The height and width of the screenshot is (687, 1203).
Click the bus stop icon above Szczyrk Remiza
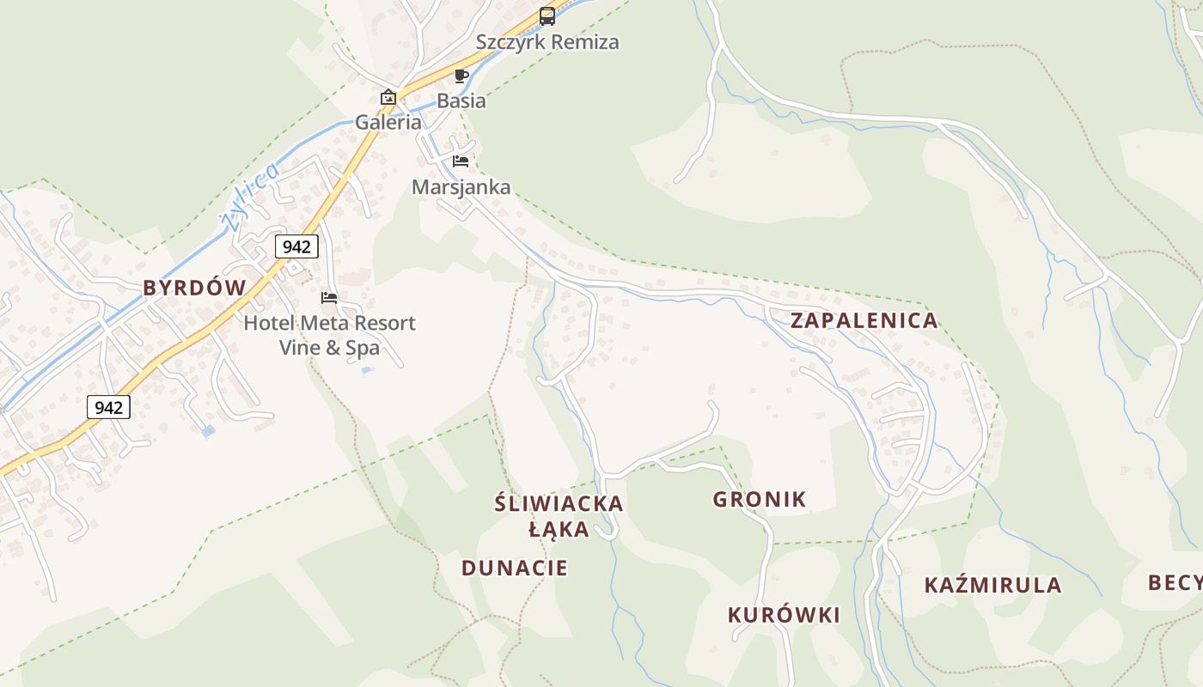[x=547, y=15]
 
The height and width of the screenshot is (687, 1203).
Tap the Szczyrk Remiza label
[x=547, y=42]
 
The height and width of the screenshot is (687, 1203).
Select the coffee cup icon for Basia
[x=461, y=76]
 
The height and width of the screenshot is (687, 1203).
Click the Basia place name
[x=461, y=101]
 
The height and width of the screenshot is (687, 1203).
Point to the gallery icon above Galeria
[x=388, y=96]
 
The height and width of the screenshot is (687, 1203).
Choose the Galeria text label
[x=388, y=122]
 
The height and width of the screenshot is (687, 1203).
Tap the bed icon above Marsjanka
[x=461, y=161]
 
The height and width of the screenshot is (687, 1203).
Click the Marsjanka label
[x=461, y=187]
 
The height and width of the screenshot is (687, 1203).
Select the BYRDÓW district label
[x=194, y=288]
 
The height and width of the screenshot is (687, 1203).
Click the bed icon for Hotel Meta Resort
[x=329, y=298]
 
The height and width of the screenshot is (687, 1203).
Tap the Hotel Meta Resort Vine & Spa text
[x=329, y=336]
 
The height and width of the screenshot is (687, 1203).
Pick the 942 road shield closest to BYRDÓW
[x=296, y=247]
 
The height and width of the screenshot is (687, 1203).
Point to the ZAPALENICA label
[x=864, y=321]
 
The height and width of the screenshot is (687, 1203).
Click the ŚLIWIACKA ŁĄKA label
[x=559, y=516]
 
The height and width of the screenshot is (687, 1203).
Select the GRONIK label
[x=760, y=499]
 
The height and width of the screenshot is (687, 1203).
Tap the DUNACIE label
[x=515, y=568]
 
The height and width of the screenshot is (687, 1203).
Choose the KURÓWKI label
[x=784, y=615]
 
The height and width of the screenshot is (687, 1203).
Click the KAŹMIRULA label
[x=992, y=586]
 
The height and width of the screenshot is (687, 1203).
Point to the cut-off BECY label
[x=1175, y=583]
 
